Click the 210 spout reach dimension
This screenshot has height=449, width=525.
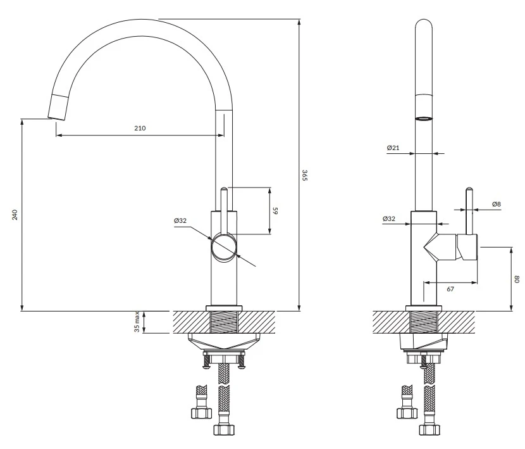[140, 128]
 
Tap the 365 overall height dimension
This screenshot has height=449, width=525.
[304, 175]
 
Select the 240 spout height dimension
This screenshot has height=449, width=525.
[15, 215]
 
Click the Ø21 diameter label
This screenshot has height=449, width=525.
[393, 148]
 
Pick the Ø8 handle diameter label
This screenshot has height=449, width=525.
[497, 204]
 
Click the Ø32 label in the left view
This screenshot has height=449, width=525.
[180, 221]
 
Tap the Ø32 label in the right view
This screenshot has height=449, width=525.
[389, 218]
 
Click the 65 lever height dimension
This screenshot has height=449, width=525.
[275, 210]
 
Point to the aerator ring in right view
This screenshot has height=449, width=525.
[424, 118]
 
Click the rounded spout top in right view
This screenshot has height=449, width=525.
[424, 28]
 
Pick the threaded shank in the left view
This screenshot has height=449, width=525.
[223, 322]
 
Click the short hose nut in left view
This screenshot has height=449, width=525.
[201, 412]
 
